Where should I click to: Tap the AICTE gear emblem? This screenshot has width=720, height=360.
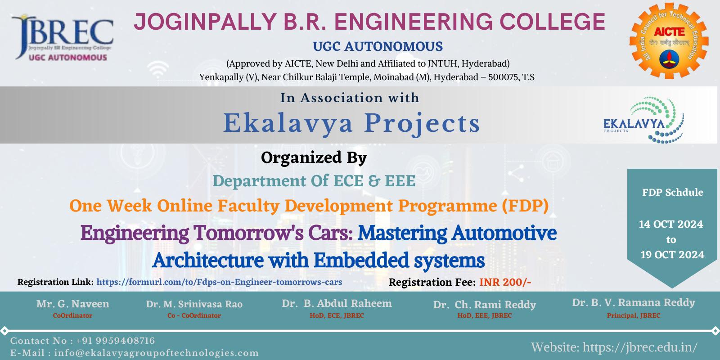[x=669, y=41]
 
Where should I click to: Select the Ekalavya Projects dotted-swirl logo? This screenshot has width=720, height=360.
[x=644, y=120]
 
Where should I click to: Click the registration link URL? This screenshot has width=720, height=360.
[x=219, y=282]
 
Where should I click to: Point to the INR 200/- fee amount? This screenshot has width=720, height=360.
[x=505, y=282]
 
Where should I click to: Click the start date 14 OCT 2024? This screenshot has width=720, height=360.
[x=671, y=224]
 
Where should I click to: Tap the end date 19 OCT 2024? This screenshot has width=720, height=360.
[x=672, y=255]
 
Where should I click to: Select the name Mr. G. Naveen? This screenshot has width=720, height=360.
[x=72, y=304]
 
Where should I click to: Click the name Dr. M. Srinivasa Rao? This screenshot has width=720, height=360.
[x=194, y=304]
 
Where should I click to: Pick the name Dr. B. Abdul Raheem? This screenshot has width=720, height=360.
[x=337, y=303]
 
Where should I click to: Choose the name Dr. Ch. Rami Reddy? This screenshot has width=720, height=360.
[x=485, y=305]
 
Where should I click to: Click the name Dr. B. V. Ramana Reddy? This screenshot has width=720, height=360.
[x=634, y=302]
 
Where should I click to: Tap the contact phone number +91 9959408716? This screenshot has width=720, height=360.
[x=116, y=341]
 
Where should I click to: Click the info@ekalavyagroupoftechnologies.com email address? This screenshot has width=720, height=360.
[x=157, y=353]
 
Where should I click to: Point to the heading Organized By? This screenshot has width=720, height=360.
[x=314, y=158]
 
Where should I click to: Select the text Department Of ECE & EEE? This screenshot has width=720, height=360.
[x=314, y=180]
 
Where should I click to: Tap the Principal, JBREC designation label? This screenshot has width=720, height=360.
[x=634, y=315]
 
